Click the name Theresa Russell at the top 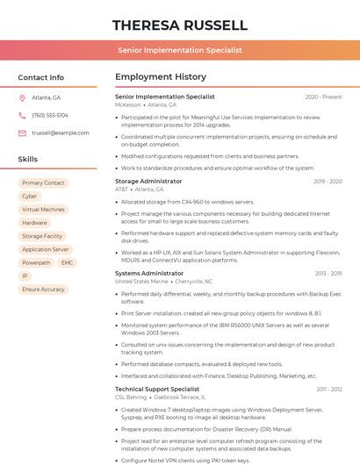coord(180,25)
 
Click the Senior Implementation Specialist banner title coord(180,50)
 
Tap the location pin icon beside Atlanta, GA coord(22,97)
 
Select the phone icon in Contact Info coord(22,115)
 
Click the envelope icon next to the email coord(22,132)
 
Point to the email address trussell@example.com coord(61,132)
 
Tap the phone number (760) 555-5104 coord(50,115)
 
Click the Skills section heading coord(28,160)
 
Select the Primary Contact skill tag coord(43,183)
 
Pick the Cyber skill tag coord(30,197)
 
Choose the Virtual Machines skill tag coord(43,210)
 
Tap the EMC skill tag coord(68,262)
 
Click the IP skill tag coord(25,275)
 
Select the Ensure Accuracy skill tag coord(43,289)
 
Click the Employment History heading coord(161,77)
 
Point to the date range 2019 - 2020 coord(328,182)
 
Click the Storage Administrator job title coord(148,182)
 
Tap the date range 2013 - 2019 coord(328,274)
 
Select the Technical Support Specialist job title coord(157,389)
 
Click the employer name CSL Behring coord(131,397)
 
